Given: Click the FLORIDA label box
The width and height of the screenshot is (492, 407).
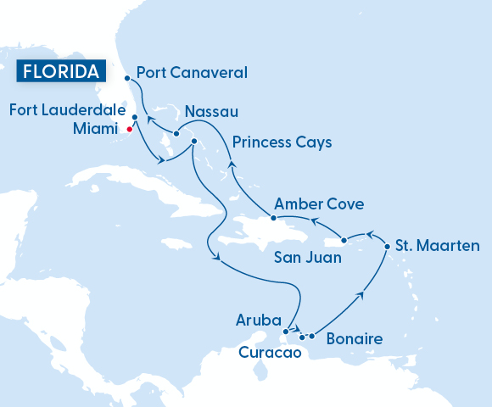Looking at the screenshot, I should (x=60, y=71).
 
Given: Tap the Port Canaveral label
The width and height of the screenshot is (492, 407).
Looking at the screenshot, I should (x=191, y=72).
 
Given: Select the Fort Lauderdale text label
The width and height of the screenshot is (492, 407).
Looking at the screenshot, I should (x=67, y=109).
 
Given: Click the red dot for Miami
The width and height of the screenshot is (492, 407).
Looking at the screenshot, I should (x=129, y=130).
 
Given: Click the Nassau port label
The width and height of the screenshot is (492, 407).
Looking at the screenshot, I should (x=210, y=112).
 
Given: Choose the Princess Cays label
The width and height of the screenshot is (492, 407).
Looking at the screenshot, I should (x=282, y=142).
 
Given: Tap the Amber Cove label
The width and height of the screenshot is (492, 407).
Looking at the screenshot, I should (x=319, y=204).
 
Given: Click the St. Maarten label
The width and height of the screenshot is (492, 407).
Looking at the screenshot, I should (x=438, y=246).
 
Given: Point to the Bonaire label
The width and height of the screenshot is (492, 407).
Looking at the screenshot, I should (x=354, y=339).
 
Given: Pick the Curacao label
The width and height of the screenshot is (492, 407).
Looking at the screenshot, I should (x=270, y=353).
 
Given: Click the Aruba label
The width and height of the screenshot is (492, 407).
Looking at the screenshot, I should (x=257, y=321).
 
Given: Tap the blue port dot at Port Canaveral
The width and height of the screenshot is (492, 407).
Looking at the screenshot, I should (x=126, y=77).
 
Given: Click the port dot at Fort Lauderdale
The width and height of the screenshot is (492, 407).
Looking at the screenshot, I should (x=134, y=118).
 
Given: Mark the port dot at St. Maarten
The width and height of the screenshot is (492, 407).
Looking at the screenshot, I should (x=388, y=247).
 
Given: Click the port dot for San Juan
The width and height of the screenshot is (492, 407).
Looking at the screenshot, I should (x=344, y=240).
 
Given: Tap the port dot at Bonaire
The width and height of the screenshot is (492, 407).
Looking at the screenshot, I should (x=311, y=337).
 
